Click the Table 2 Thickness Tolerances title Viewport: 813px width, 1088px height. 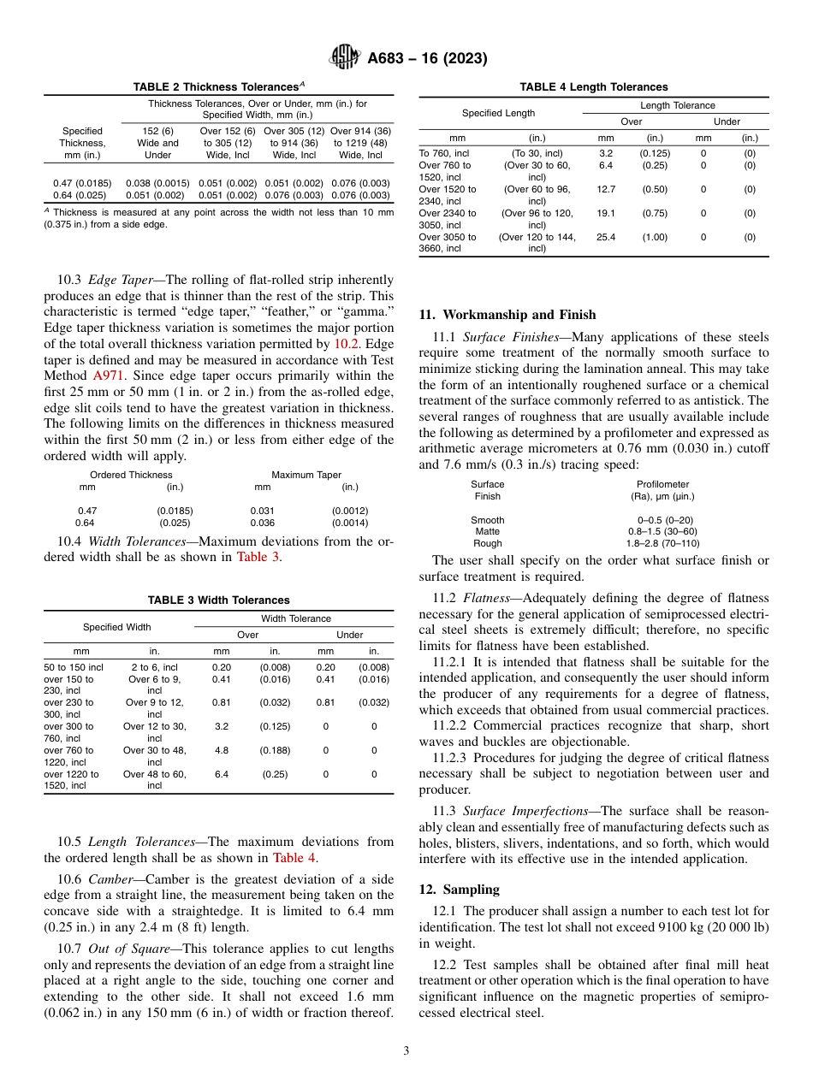point(218,86)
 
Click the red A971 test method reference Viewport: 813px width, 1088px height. point(105,375)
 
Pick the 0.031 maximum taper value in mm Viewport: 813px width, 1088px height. point(262,511)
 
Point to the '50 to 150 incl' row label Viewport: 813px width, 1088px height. point(74,666)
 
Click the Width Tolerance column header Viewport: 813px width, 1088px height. point(295,618)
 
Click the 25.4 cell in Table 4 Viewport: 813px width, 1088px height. point(606,237)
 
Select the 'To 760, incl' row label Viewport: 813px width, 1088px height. point(443,153)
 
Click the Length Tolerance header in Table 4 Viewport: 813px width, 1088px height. point(678,105)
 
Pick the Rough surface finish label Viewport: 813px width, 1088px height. point(487,543)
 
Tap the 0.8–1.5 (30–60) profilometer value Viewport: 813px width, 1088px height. point(662,531)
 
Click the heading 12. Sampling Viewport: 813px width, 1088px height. point(459,890)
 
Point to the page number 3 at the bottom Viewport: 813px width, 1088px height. point(406,1050)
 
